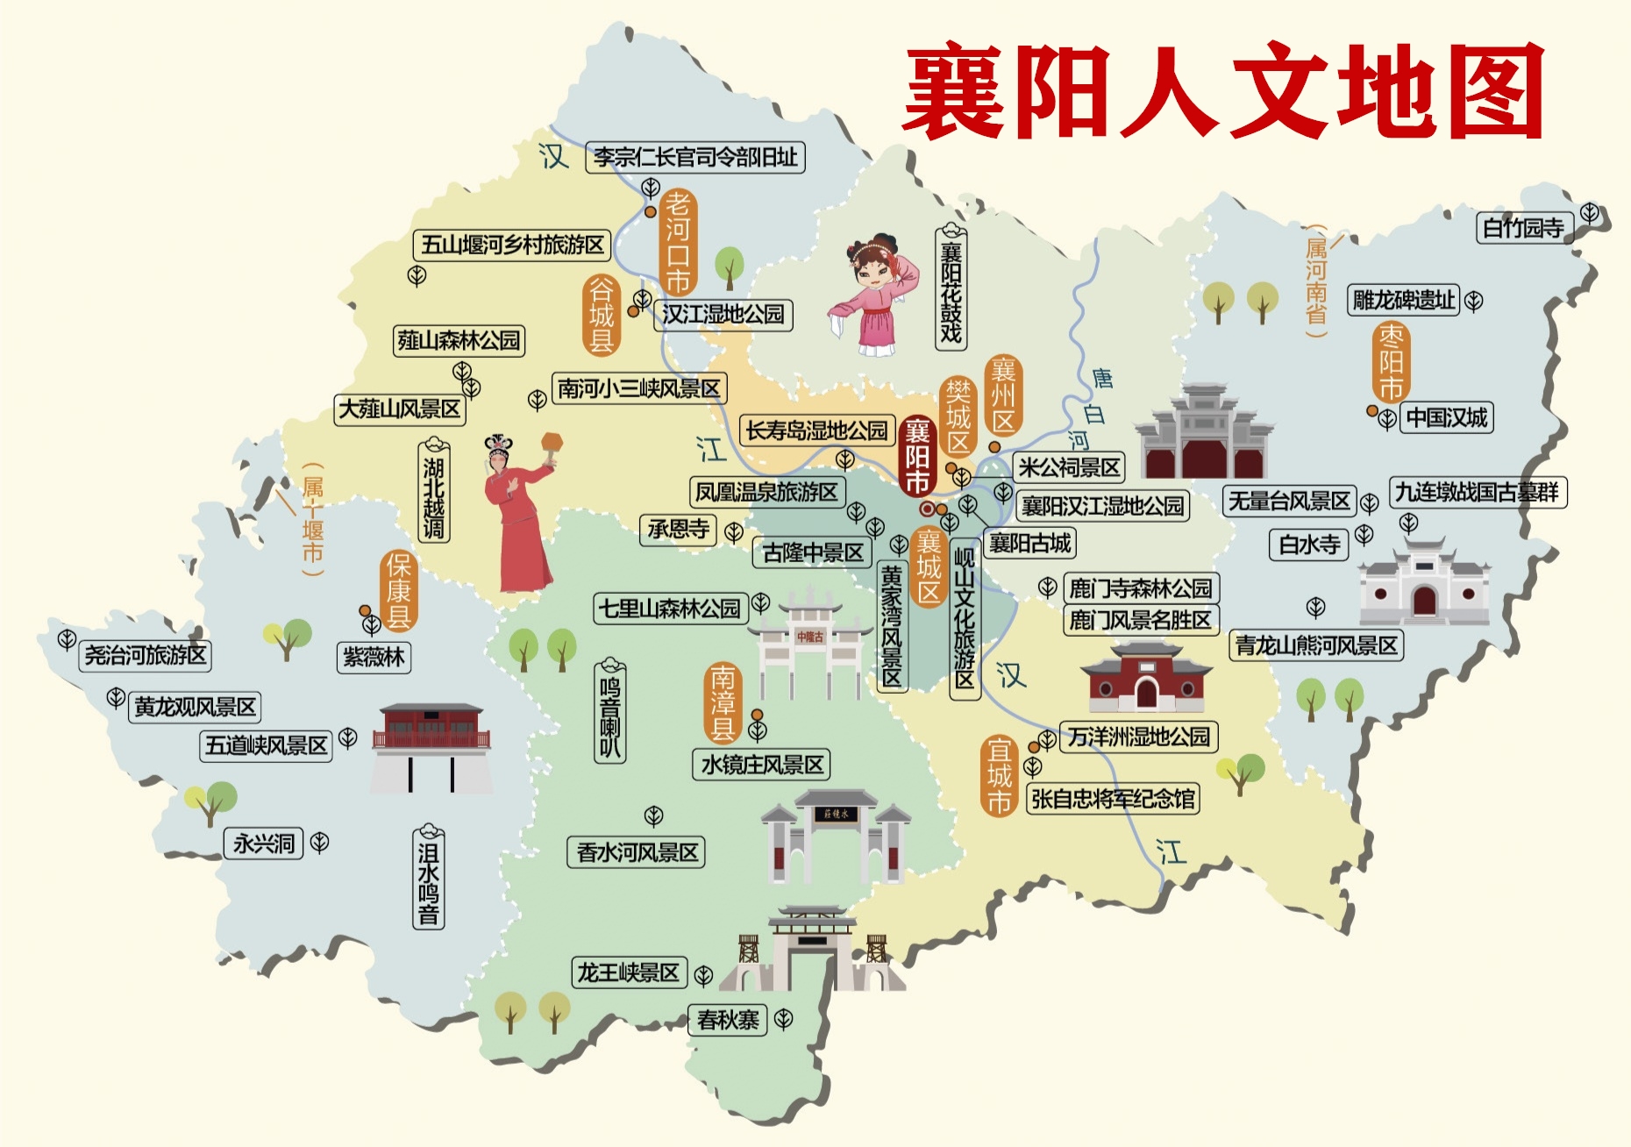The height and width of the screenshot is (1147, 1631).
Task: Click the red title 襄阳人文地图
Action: point(1223,92)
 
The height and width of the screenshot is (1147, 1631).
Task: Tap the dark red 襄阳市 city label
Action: point(917,456)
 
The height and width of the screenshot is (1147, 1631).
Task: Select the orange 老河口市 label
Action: point(678,242)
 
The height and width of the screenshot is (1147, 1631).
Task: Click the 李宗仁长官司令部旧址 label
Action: point(695,158)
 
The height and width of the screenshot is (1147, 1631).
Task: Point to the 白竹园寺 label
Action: point(1524,228)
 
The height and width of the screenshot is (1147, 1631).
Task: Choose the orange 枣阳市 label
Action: point(1391,362)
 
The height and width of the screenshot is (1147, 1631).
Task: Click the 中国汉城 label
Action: point(1446,417)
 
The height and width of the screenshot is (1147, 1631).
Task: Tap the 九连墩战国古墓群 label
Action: point(1478,492)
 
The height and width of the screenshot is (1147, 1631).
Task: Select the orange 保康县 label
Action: point(398,591)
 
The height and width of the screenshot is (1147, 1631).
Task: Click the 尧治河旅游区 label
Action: point(146,655)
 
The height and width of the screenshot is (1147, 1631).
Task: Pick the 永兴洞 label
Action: point(263,844)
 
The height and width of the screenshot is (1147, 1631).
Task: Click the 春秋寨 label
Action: point(728,1020)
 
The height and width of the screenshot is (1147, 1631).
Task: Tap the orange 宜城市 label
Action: point(1000,776)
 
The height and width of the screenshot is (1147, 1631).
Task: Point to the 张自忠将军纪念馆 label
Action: point(1113,799)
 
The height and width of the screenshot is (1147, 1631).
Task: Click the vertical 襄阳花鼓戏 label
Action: point(951,288)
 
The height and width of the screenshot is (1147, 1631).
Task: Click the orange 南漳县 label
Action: point(723,703)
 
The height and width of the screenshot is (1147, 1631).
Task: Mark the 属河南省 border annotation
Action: point(1316,281)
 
